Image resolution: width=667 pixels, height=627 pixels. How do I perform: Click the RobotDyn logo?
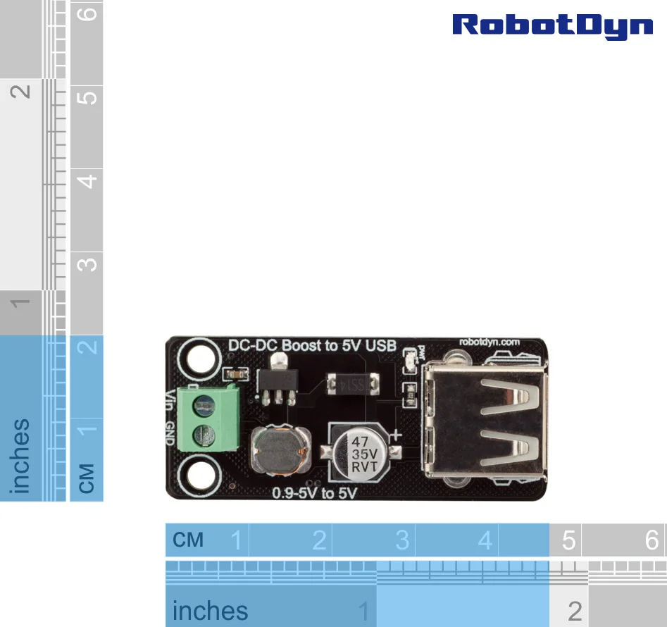552,25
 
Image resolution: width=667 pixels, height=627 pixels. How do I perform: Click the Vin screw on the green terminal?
205,404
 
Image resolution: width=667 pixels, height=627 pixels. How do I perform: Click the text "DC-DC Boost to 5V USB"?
313,346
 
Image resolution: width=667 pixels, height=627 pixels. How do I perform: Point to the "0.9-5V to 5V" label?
314,493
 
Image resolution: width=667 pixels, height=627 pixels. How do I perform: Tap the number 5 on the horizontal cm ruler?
568,540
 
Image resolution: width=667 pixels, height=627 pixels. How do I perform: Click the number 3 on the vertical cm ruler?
87,265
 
